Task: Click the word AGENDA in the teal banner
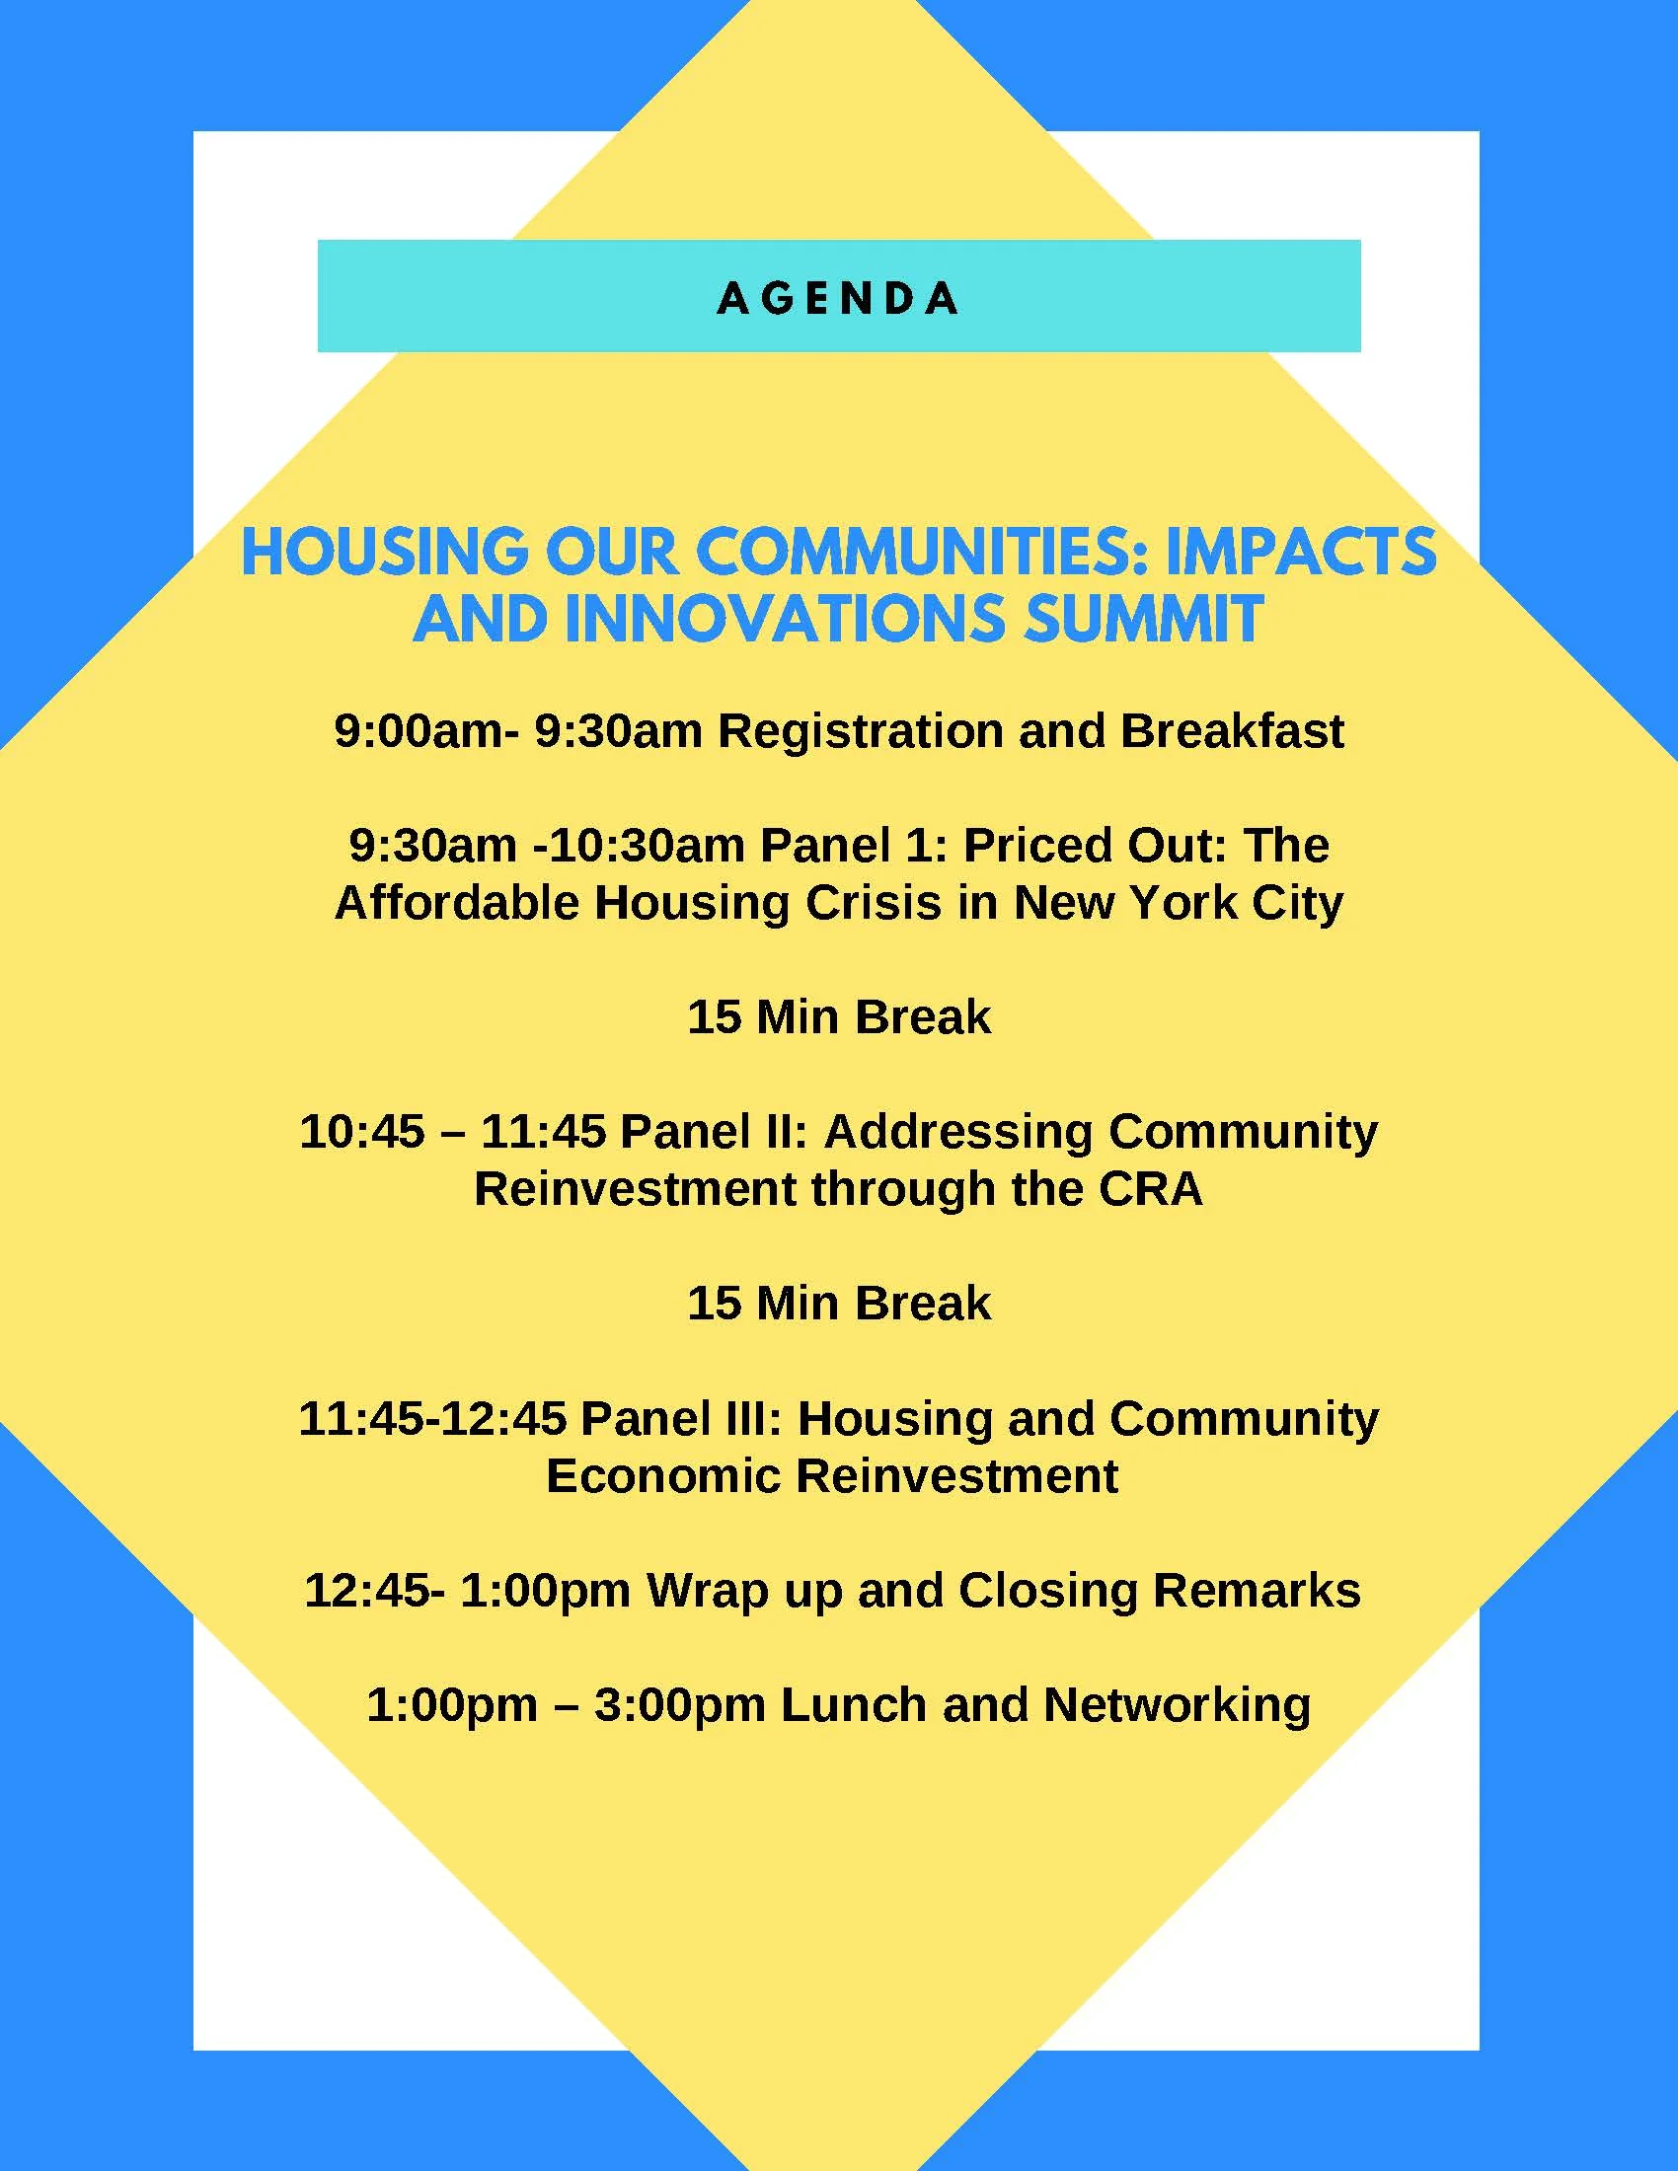tap(838, 298)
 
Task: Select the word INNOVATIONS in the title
tap(786, 619)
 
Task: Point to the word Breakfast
tap(1232, 731)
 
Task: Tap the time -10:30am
tap(639, 846)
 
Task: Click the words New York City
tap(1178, 904)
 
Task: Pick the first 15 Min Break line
tap(838, 1016)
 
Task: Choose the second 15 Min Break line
tap(838, 1303)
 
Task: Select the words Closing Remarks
tap(1159, 1590)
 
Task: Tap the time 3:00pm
tap(679, 1704)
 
